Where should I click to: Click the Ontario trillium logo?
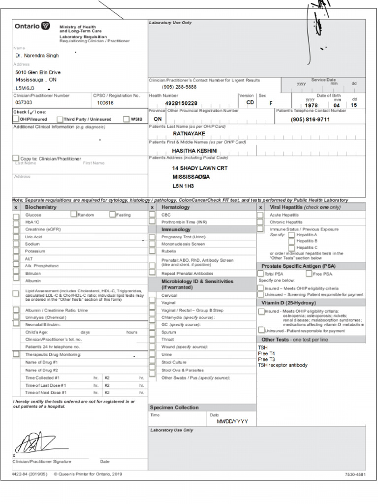point(46,26)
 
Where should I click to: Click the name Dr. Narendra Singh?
point(37,56)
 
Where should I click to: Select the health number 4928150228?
point(181,103)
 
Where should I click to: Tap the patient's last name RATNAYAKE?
point(189,133)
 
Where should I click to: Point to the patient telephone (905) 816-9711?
point(310,120)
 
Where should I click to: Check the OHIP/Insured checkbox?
point(16,119)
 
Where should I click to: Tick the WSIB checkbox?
point(126,119)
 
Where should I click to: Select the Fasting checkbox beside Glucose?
point(113,215)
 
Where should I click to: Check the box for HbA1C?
point(16,222)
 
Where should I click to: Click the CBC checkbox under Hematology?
point(152,215)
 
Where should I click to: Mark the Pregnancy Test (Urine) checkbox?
point(152,237)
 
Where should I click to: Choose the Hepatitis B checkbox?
point(291,241)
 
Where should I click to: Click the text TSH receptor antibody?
point(283,365)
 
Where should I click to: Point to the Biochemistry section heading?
point(41,207)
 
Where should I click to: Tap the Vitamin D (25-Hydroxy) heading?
point(288,303)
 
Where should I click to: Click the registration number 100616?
point(105,103)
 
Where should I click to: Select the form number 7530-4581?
point(355,474)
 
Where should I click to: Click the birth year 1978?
point(311,105)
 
